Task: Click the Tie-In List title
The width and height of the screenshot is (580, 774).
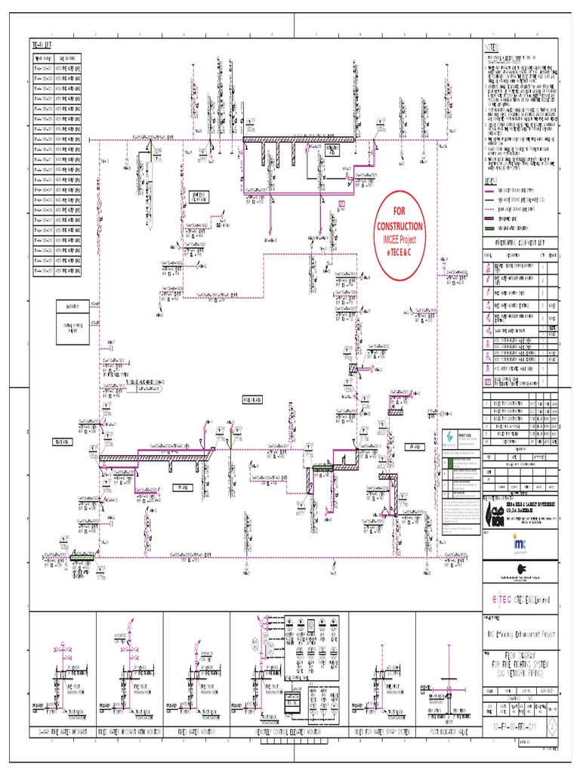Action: tap(43, 46)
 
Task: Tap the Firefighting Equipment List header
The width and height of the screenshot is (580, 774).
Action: tap(521, 243)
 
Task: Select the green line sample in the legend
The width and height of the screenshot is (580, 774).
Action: tap(495, 227)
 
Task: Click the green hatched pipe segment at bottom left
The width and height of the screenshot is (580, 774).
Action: tap(82, 557)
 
